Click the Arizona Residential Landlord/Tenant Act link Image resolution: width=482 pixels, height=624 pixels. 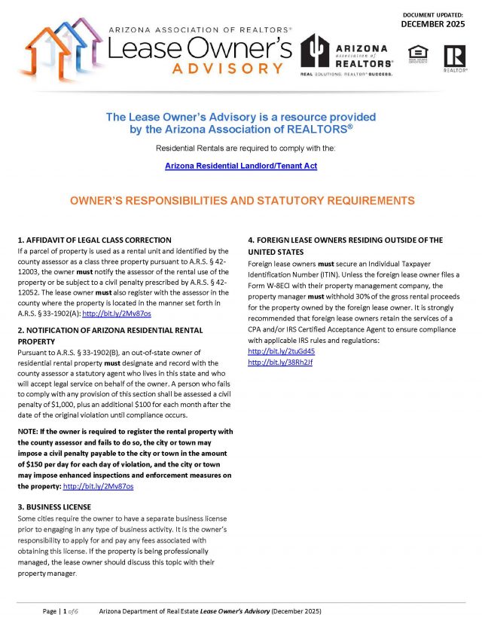[x=240, y=165]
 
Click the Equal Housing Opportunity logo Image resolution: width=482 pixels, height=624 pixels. [x=417, y=54]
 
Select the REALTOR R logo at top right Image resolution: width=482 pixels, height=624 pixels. [x=454, y=56]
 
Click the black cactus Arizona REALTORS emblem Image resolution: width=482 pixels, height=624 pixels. [x=314, y=52]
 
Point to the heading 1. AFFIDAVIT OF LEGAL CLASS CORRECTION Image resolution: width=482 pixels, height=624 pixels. [x=94, y=240]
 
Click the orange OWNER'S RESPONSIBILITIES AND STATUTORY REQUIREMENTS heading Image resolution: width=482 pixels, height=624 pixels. [x=241, y=201]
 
